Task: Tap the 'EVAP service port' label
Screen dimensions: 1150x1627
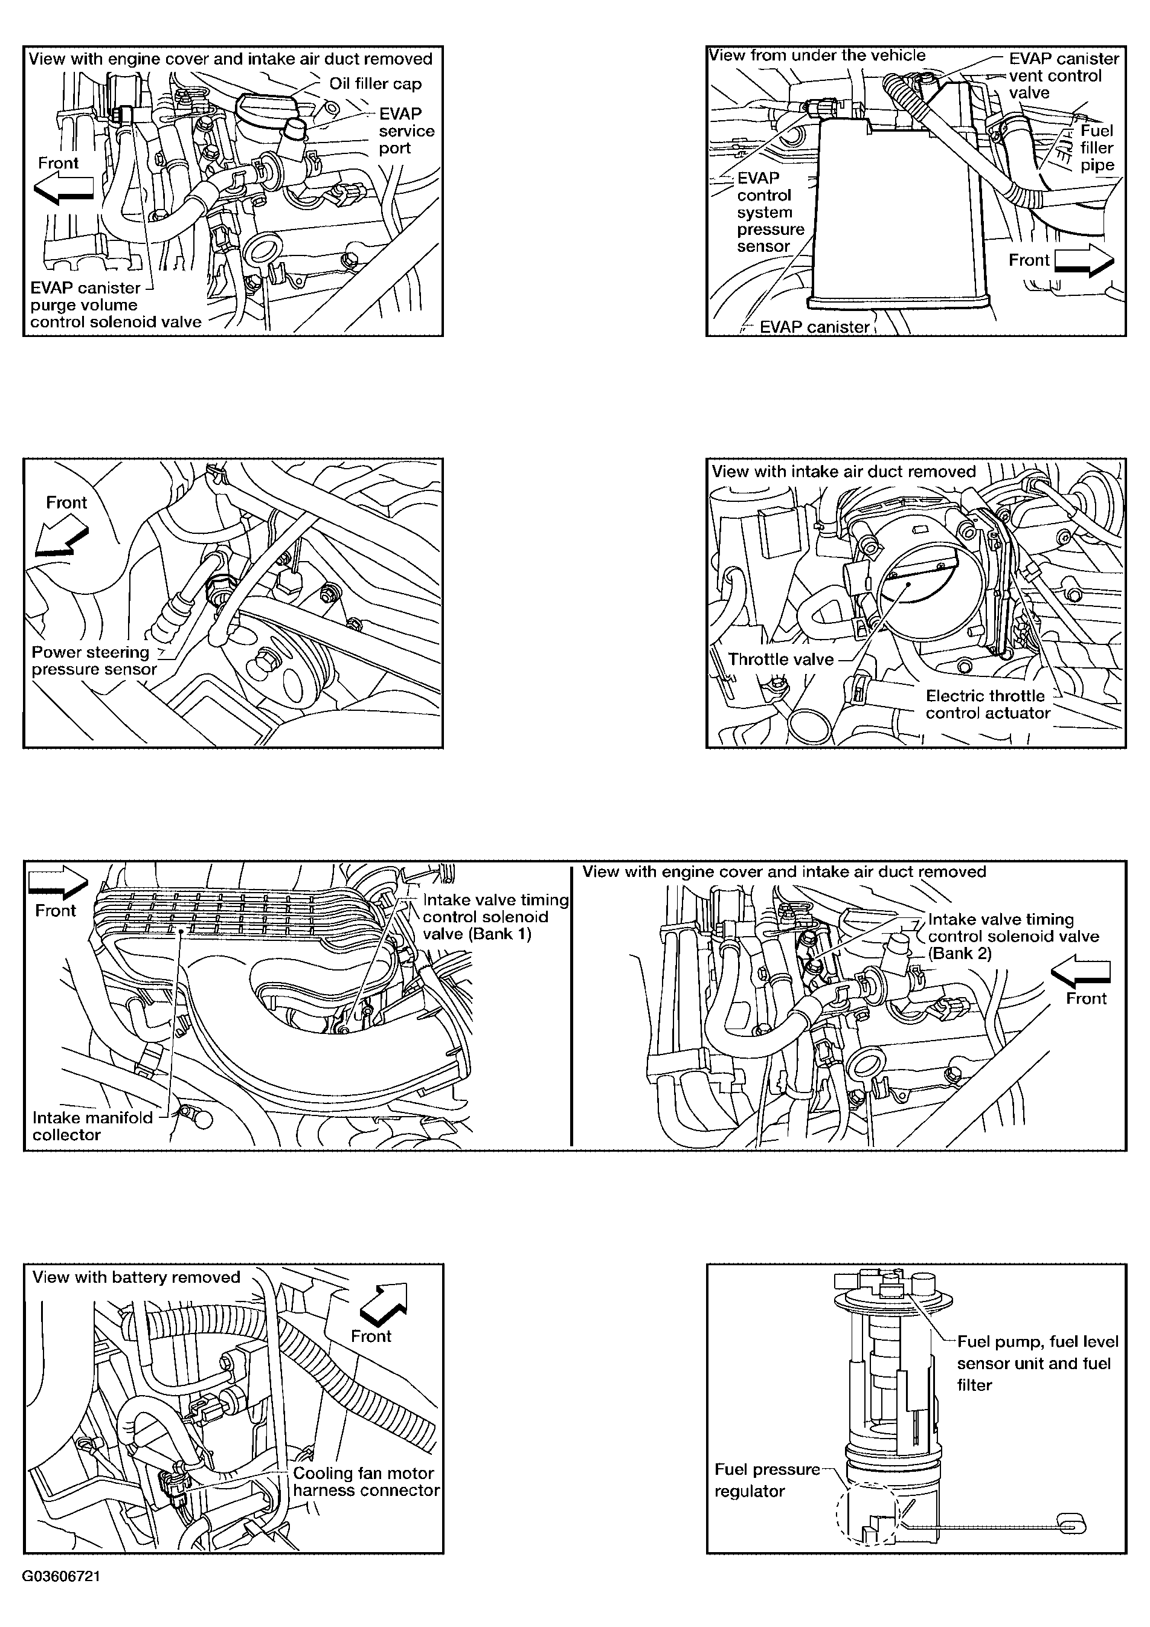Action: click(x=406, y=131)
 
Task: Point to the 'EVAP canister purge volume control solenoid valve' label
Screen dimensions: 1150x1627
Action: click(x=115, y=305)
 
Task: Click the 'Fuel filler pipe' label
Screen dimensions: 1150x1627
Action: click(x=1097, y=148)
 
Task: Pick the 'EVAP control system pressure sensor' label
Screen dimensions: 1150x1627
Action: click(x=770, y=212)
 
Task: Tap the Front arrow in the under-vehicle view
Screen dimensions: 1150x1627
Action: click(x=1084, y=261)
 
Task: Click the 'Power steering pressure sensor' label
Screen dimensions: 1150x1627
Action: click(x=94, y=661)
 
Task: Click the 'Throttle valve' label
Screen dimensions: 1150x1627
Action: click(x=780, y=659)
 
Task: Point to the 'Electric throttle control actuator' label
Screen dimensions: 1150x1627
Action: click(x=988, y=704)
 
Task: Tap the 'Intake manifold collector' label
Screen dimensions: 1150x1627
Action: click(x=92, y=1126)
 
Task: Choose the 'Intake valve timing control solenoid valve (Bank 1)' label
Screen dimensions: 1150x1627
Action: click(x=496, y=916)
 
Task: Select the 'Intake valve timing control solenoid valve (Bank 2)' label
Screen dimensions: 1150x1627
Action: click(x=1013, y=936)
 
